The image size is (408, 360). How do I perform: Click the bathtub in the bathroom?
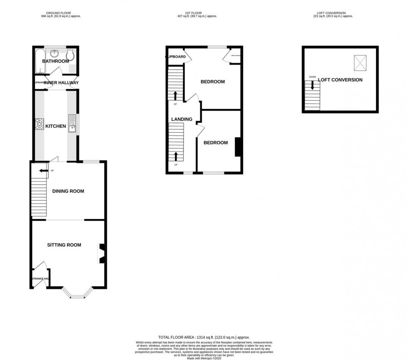coord(40,61)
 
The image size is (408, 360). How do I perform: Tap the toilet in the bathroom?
coord(70,55)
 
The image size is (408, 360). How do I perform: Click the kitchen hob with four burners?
coord(40,124)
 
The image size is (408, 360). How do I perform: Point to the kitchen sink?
coord(72,124)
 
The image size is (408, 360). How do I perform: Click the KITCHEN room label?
coord(56,126)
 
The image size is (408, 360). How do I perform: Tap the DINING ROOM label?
coord(68,191)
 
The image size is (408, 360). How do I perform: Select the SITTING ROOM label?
coord(64,245)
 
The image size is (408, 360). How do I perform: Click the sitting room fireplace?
coord(101,253)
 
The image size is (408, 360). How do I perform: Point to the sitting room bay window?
coord(77,293)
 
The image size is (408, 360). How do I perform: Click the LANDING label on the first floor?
coord(182,119)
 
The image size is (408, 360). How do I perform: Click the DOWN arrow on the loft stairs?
coord(312,85)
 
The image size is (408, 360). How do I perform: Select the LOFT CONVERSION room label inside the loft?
coord(340,80)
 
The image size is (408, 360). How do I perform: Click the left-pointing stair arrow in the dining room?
coord(43,171)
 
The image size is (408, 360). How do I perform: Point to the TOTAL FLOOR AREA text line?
coord(204,338)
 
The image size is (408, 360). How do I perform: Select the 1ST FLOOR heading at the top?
coord(197,13)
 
